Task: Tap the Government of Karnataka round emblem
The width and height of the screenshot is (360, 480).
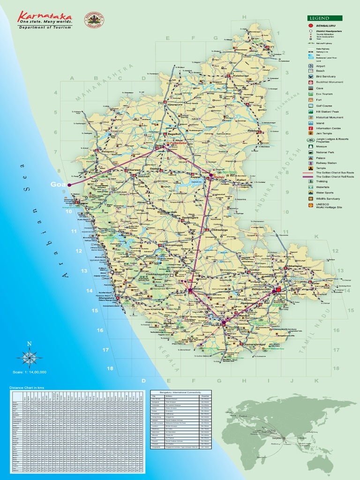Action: click(94, 20)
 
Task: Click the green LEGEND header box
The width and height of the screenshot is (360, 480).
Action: click(324, 18)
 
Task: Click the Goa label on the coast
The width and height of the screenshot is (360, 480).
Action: click(57, 185)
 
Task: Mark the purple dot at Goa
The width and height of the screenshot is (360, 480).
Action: click(69, 185)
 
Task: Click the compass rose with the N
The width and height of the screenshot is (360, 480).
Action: click(30, 359)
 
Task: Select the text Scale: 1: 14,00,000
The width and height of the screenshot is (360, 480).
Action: click(30, 372)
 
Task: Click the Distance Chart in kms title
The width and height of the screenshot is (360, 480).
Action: click(30, 388)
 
